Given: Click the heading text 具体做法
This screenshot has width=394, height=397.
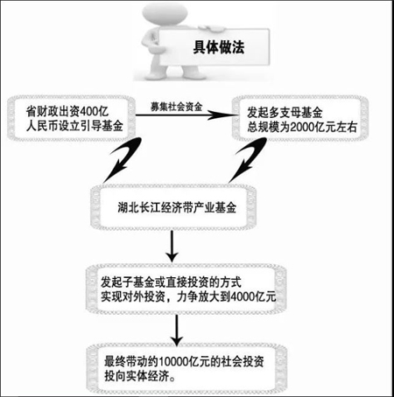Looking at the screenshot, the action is [219, 47].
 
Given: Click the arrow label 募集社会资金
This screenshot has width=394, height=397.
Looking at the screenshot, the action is [176, 107].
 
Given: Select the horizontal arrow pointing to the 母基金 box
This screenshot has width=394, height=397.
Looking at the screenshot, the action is [187, 115].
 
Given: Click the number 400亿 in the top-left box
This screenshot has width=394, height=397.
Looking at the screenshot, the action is [94, 111].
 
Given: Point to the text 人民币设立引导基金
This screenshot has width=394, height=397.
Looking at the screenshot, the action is [74, 126].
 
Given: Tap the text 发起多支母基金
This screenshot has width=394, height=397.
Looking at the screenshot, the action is [285, 112].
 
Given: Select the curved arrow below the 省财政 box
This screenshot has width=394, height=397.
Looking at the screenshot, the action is [123, 159].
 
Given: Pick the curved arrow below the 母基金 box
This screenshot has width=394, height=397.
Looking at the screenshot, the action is [248, 159].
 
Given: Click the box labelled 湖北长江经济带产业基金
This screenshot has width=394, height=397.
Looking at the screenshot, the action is [173, 207].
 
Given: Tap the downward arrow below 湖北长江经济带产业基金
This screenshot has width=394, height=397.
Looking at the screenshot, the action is [172, 247].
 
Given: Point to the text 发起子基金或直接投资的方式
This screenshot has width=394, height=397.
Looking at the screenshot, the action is [171, 282].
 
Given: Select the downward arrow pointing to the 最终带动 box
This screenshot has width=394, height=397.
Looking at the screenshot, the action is [177, 331].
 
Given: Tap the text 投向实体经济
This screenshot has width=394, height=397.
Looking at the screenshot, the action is [137, 376].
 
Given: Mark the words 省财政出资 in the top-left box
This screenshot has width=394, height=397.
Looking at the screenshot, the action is [53, 111].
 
